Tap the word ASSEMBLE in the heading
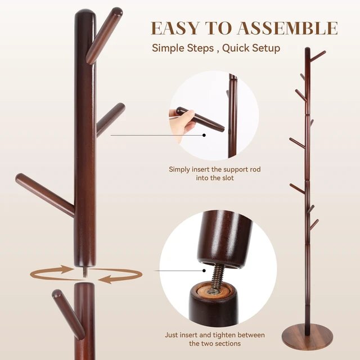click(287, 28)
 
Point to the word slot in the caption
click(228, 178)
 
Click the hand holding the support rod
click(182, 121)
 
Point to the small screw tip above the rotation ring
click(85, 272)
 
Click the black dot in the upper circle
click(204, 135)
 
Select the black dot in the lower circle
click(204, 271)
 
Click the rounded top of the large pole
click(85, 13)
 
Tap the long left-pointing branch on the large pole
click(45, 195)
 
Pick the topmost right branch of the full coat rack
click(318, 55)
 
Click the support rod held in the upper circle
click(200, 119)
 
